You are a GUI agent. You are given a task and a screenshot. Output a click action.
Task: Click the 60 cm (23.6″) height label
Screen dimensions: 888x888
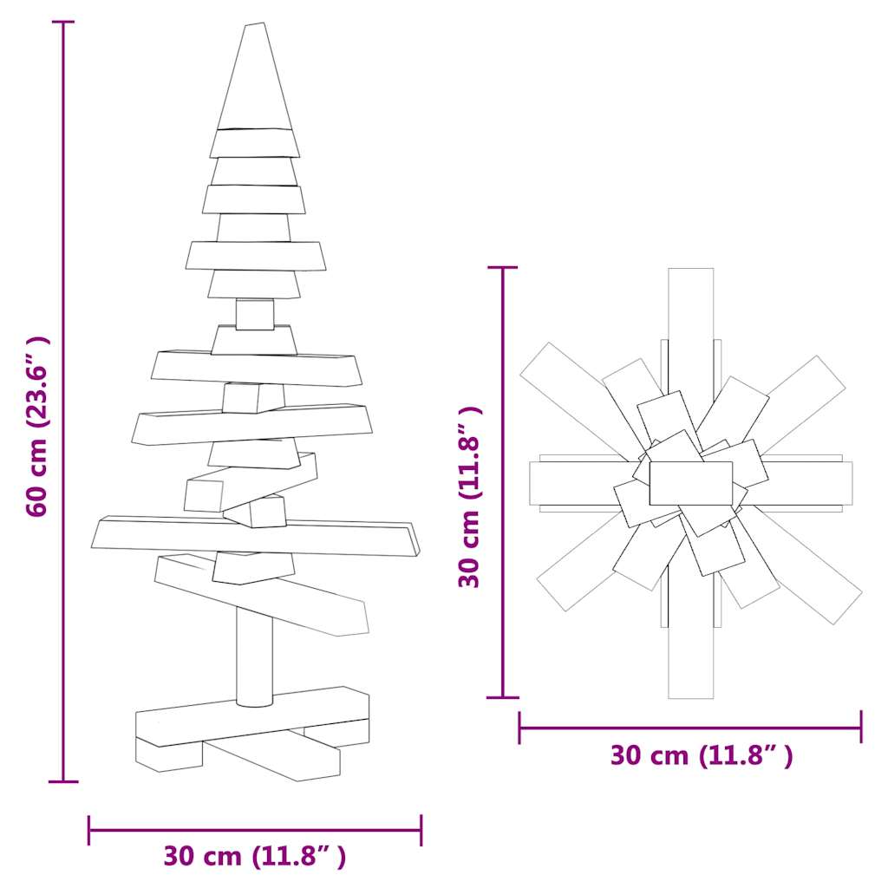point(39,427)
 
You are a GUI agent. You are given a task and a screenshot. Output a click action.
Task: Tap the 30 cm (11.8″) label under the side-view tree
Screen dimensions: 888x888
point(255,857)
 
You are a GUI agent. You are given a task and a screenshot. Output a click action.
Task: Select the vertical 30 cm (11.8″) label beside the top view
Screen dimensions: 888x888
point(470,496)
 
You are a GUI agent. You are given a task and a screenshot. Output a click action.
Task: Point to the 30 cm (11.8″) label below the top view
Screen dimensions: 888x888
point(701,755)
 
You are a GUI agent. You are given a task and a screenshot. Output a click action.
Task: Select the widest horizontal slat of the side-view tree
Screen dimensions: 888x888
point(255,536)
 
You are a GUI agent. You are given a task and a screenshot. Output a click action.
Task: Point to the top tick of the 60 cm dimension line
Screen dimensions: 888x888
point(63,22)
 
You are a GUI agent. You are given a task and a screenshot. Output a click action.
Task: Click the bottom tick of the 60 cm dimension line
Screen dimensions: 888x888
point(63,781)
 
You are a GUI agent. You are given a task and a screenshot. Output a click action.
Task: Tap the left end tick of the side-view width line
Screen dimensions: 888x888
point(89,830)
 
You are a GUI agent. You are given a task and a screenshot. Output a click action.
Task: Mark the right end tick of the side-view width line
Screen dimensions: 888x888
point(421,830)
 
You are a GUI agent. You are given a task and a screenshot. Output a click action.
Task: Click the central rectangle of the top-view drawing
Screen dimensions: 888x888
point(691,483)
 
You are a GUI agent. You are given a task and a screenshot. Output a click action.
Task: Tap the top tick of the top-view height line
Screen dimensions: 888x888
point(504,268)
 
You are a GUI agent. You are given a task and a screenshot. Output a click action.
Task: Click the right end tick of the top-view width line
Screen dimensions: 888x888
point(861,727)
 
